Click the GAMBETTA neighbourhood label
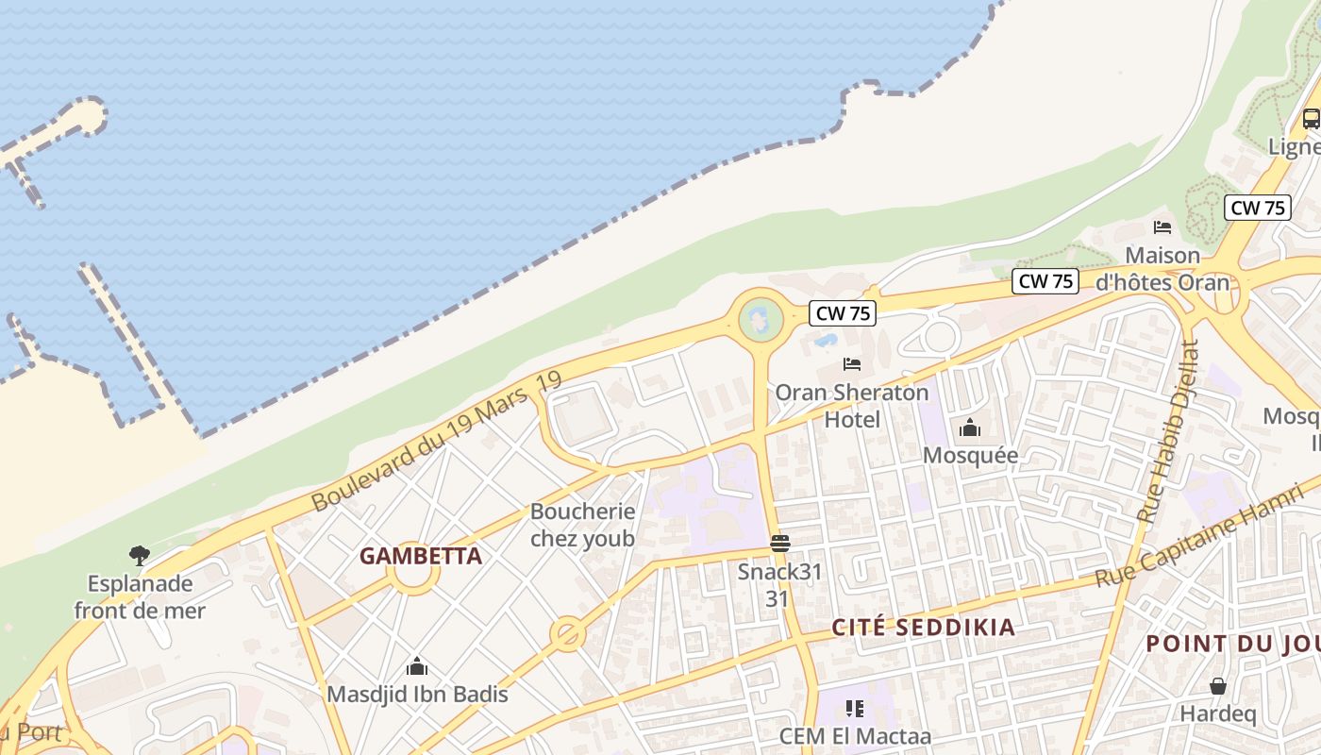(x=420, y=556)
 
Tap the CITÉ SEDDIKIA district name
(x=923, y=628)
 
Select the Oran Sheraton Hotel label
(x=852, y=405)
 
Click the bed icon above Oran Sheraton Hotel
(x=852, y=364)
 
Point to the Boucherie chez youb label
(x=582, y=525)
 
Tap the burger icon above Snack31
(x=779, y=544)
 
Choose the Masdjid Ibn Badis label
(x=417, y=695)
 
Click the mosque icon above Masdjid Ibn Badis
(x=416, y=667)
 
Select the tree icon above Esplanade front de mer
(x=140, y=556)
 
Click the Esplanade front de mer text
(x=140, y=597)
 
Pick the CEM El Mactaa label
(x=855, y=736)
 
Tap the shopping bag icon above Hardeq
(x=1218, y=686)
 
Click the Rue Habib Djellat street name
(x=1168, y=432)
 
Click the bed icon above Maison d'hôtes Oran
(x=1162, y=227)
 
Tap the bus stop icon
(x=1311, y=119)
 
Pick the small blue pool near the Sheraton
(x=825, y=340)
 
